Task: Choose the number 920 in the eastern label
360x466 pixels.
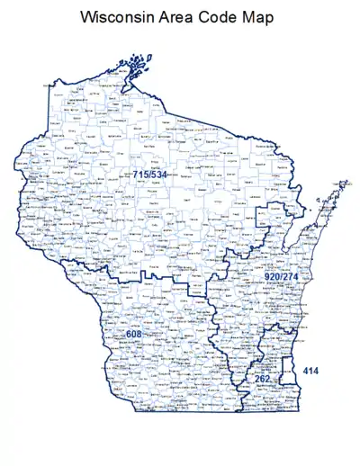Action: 272,275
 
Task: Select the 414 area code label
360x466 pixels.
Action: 310,371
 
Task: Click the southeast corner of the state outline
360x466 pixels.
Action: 298,406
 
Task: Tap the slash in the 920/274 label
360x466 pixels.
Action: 283,275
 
